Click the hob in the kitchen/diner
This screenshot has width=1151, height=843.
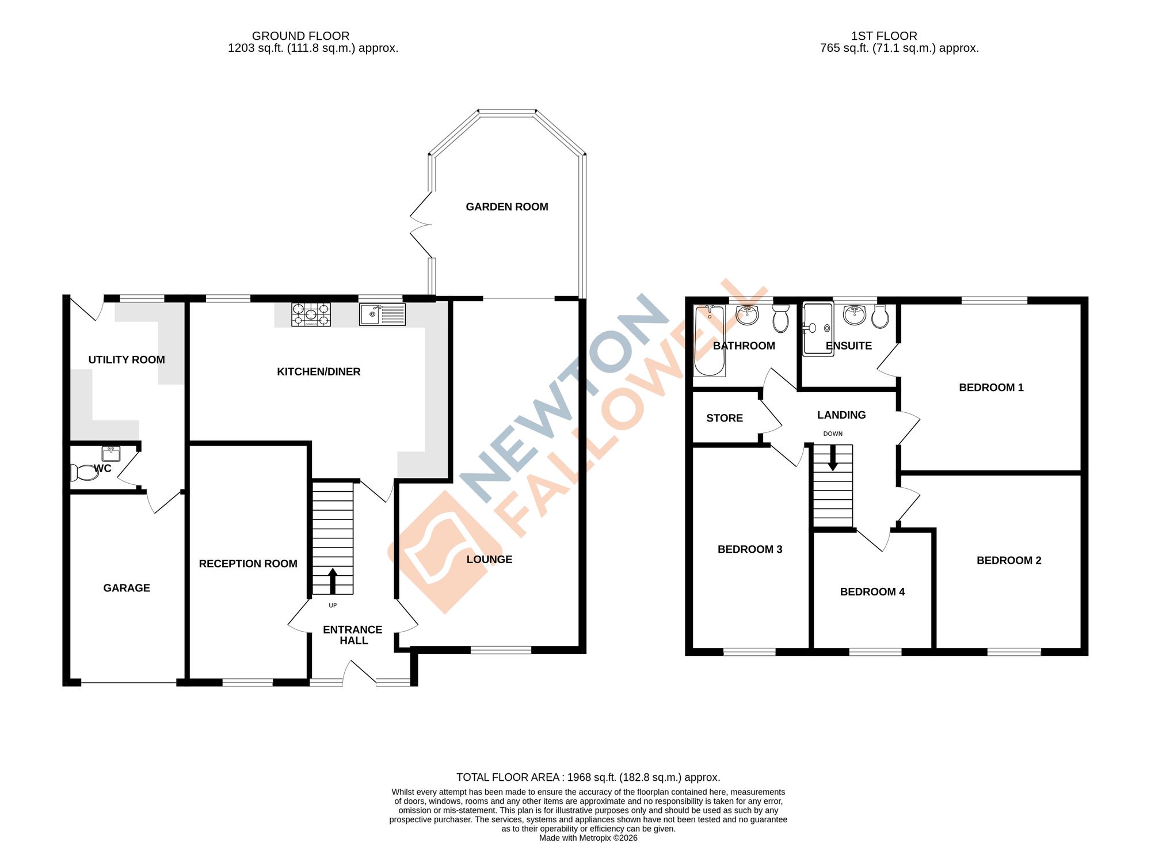point(311,314)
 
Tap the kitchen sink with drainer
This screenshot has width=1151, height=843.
point(382,314)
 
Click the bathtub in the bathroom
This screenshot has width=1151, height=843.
point(709,341)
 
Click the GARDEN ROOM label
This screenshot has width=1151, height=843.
point(506,207)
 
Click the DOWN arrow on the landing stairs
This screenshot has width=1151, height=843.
point(832,459)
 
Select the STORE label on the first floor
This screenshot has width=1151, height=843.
point(724,418)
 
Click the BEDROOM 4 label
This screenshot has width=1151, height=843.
point(872,592)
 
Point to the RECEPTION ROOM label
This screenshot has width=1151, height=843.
point(248,564)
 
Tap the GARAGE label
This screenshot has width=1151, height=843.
point(127,588)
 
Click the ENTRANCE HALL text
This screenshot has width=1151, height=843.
point(353,635)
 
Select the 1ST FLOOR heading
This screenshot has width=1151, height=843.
point(884,36)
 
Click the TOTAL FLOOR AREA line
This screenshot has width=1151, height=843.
point(588,777)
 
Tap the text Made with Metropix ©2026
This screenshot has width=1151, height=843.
point(588,838)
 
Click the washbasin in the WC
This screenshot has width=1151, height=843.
point(111,453)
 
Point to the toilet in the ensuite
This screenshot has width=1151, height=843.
point(880,317)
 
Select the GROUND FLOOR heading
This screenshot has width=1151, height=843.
point(300,36)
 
